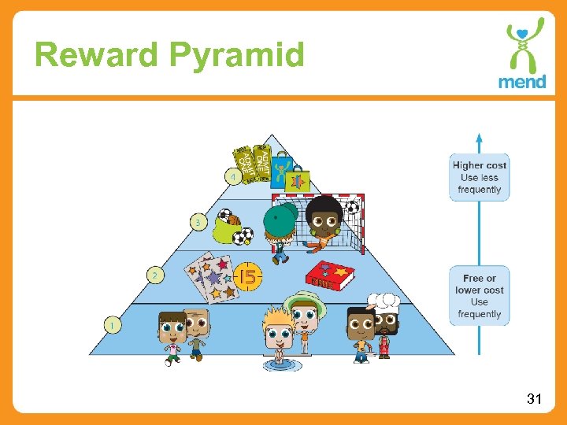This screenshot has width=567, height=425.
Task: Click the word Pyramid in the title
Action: (x=235, y=56)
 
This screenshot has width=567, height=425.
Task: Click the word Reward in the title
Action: (x=98, y=56)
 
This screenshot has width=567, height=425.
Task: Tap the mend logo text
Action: (x=521, y=81)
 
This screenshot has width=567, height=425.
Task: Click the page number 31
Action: (x=534, y=400)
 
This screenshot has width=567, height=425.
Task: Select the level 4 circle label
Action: (x=234, y=177)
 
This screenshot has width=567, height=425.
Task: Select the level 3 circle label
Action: (x=198, y=223)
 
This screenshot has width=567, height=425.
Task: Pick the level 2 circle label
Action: (x=155, y=275)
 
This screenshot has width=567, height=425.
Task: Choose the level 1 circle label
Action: (x=113, y=323)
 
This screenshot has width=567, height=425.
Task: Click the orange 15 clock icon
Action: (x=246, y=276)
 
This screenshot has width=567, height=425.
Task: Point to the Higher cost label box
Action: (x=480, y=177)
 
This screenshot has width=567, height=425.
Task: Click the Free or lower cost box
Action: (x=480, y=296)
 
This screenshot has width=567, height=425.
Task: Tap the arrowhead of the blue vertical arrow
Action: (x=480, y=140)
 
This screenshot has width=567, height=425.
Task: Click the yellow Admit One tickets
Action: (x=252, y=164)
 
